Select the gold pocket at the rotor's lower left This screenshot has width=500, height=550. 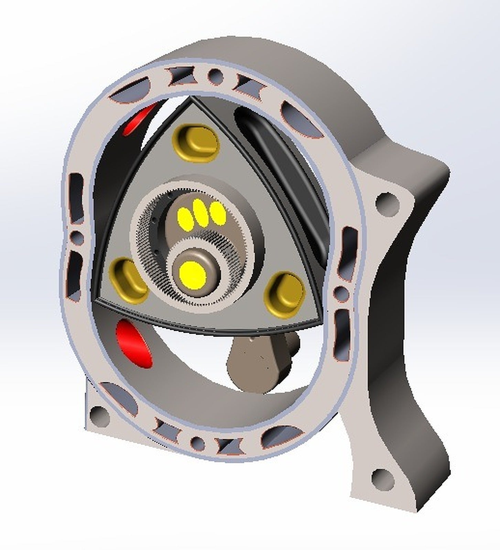point(128,280)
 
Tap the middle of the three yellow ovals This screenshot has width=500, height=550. point(201,213)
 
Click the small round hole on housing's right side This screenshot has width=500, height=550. point(341,293)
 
